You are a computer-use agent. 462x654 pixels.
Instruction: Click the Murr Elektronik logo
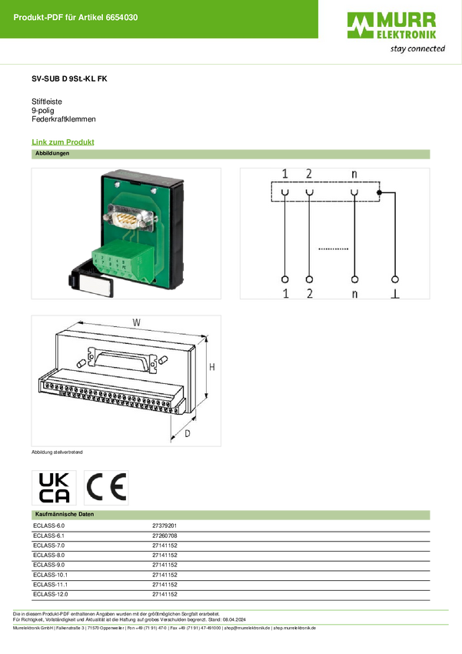click(396, 32)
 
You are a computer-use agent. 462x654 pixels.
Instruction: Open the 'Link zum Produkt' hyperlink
click(63, 142)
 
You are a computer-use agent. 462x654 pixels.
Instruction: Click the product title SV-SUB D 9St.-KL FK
click(69, 78)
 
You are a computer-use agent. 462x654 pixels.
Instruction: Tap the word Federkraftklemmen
click(64, 118)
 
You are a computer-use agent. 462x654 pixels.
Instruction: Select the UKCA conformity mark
click(54, 488)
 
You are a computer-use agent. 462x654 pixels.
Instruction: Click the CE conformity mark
click(106, 488)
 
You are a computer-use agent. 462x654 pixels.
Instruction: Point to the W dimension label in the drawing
click(136, 322)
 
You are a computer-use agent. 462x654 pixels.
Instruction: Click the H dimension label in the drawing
click(212, 367)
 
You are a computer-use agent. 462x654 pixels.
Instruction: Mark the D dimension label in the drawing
click(188, 434)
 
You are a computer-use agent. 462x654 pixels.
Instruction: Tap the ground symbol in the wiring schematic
click(395, 295)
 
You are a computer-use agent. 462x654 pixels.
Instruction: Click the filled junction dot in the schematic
click(379, 192)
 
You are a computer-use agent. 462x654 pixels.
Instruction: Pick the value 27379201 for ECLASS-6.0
click(165, 526)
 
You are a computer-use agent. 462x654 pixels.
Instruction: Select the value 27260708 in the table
click(165, 536)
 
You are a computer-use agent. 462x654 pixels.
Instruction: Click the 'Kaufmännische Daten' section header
click(65, 514)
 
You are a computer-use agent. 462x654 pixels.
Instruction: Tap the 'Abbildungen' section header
click(52, 153)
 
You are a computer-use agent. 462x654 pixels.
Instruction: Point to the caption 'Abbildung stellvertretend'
click(57, 452)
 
